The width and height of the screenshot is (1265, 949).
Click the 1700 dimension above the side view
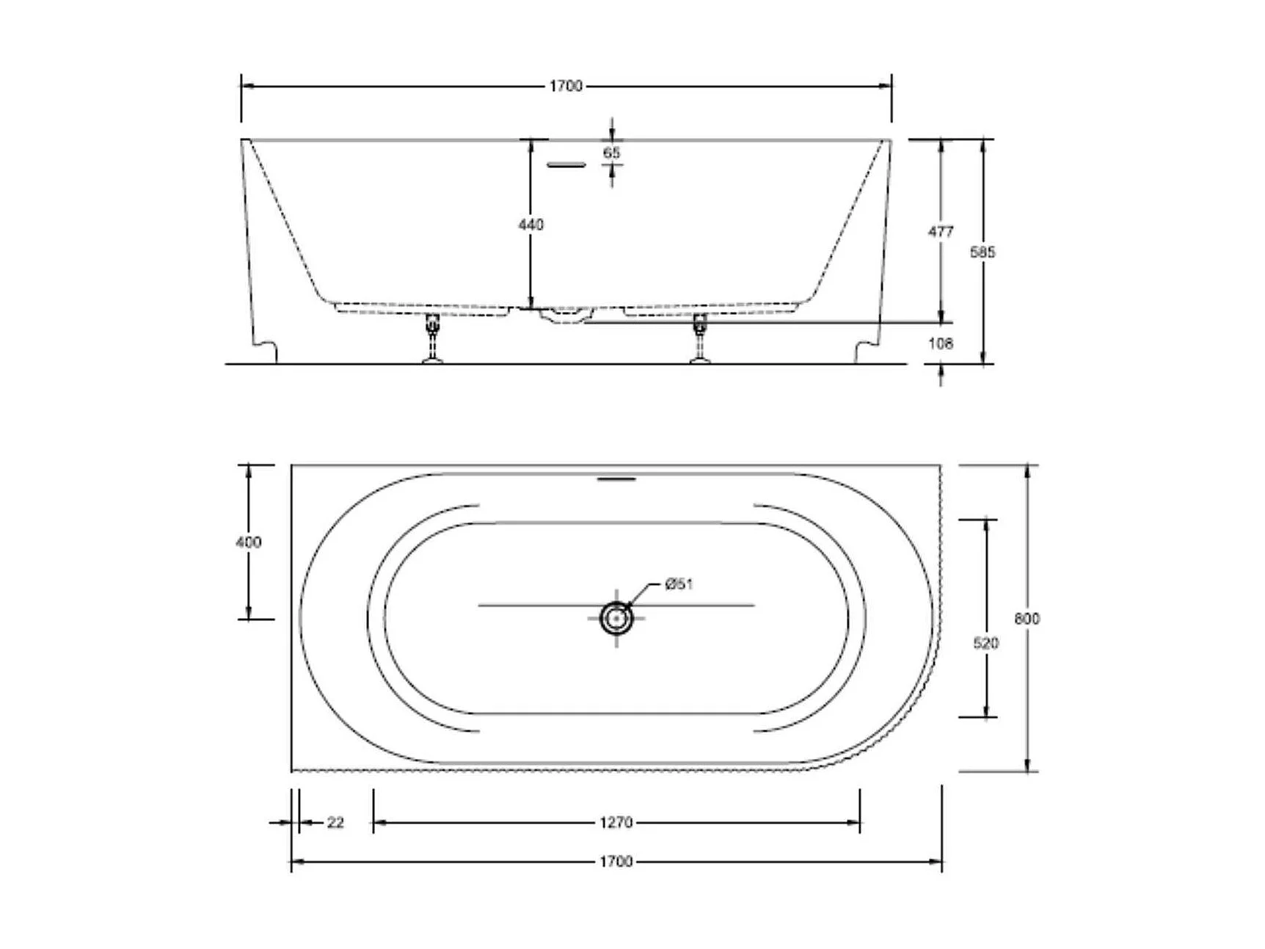point(566,86)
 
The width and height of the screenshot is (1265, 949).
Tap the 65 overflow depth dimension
point(611,153)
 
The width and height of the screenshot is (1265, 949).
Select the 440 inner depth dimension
point(531,225)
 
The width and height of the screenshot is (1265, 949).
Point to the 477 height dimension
point(941,232)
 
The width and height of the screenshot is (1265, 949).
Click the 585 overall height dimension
point(983,252)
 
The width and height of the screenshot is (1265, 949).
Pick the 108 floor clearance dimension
point(941,343)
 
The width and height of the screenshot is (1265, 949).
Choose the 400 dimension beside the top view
point(248,542)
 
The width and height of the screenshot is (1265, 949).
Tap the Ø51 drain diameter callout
point(679,584)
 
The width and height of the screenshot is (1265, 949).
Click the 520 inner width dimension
point(985,643)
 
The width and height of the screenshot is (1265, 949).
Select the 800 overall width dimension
point(1027,619)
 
